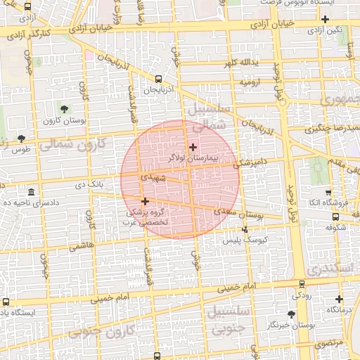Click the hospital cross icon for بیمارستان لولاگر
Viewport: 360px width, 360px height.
pos(193,147)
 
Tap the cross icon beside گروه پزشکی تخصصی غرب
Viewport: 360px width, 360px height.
pos(146,201)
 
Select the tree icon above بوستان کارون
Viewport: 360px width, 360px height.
pos(65,109)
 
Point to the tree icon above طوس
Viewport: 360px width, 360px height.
pos(20,138)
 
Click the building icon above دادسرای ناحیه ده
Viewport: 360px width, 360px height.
pos(31,191)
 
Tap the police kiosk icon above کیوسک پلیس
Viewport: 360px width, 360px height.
pos(245,229)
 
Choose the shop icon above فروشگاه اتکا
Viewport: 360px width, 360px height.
pos(328,193)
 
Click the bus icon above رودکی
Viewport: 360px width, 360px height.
pos(302,285)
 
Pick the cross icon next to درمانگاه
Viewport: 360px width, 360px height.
pos(339,299)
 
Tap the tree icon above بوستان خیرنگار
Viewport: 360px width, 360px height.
pos(291,314)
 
